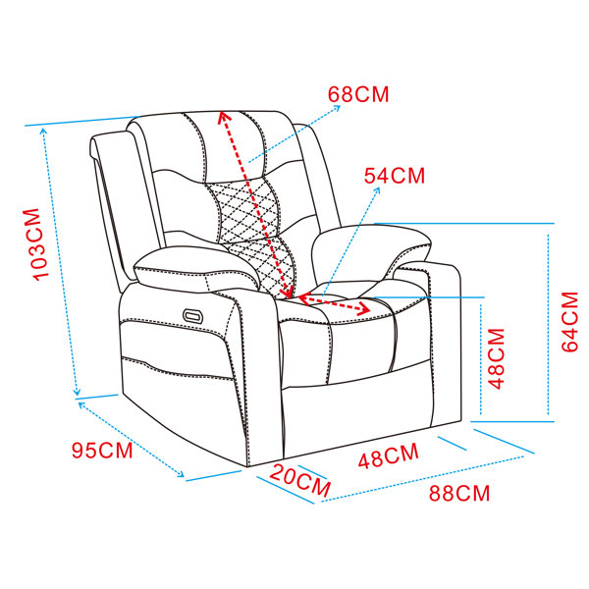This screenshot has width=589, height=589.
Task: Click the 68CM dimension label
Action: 358,94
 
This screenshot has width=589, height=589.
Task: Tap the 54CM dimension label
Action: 395,176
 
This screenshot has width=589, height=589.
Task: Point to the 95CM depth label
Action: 102,450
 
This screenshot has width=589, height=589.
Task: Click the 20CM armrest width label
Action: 299,481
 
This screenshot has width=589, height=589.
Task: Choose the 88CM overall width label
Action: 459,493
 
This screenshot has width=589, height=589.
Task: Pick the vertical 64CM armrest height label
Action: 569,322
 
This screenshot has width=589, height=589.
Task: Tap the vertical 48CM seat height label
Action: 496,358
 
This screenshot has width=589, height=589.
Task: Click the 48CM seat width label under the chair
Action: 388,455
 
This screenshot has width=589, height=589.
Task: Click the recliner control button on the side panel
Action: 193,315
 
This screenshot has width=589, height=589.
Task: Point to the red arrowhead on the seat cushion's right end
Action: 364,310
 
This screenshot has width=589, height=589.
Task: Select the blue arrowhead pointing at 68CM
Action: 337,108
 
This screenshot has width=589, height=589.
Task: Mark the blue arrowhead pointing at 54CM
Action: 377,190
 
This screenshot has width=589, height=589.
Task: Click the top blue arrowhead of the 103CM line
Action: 43,131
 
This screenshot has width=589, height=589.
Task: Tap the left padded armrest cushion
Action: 196,267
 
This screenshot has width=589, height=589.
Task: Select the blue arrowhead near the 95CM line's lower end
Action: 181,474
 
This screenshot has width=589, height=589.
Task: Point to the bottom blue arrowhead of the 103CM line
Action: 77,392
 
